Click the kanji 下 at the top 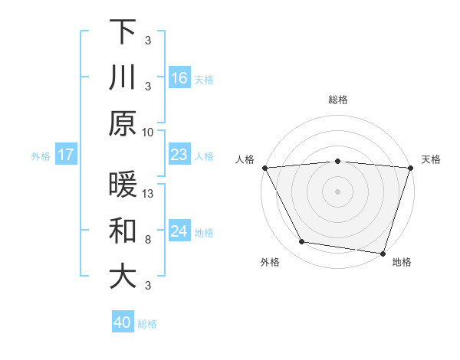pos(123,31)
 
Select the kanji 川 pos(123,78)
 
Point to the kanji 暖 pos(123,186)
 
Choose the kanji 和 pos(123,232)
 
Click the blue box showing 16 pos(179,78)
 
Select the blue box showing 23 pos(179,155)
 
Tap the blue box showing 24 pos(179,232)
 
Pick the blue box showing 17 pos(65,155)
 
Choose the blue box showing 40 pos(123,322)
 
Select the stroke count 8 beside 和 pos(148,240)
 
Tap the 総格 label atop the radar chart pos(338,100)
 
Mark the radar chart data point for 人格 pos(265,168)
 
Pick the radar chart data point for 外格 pos(302,242)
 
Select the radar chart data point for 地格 pos(383,253)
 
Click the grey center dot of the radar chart pos(338,191)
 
